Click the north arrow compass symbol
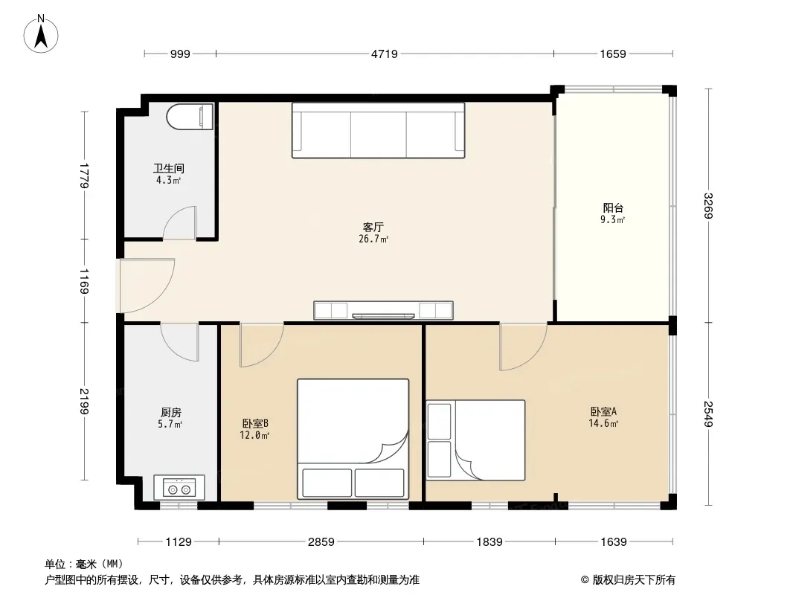(x=41, y=34)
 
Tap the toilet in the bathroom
(x=190, y=117)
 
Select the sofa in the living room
(x=379, y=130)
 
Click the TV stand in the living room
(x=383, y=310)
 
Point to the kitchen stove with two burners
(x=179, y=488)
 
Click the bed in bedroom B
(x=353, y=439)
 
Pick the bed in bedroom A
(x=475, y=440)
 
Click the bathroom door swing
(x=179, y=222)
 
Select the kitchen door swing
(x=179, y=343)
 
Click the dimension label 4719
(x=385, y=54)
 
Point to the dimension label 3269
(x=708, y=206)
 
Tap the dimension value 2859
(x=321, y=542)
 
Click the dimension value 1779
(x=85, y=176)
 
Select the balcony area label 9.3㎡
(x=613, y=220)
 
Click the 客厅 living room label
(x=373, y=227)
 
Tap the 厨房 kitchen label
(x=170, y=413)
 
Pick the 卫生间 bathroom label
(x=168, y=168)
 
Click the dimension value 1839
(x=489, y=542)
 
